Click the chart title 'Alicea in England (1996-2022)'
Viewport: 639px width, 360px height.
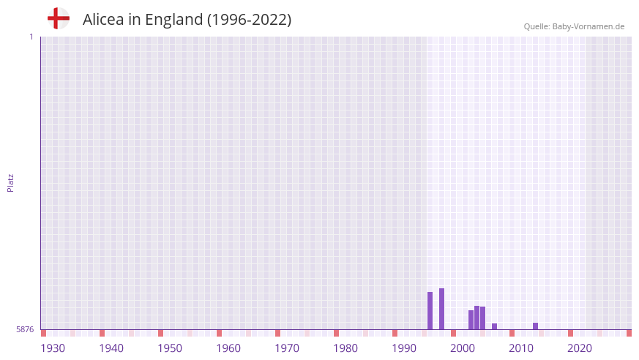pos(187,20)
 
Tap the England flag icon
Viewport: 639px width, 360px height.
pos(58,18)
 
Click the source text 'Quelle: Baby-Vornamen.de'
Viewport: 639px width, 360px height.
pos(574,26)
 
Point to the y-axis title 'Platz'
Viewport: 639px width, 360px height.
pos(10,182)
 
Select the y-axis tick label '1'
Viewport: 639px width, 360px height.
pos(31,37)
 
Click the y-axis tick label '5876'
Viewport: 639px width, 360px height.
pos(25,329)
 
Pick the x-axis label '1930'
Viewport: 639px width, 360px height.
pos(53,348)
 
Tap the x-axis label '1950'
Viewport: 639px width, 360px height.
pos(170,348)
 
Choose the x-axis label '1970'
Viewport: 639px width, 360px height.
pos(287,348)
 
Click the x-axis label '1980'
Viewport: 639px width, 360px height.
pos(345,348)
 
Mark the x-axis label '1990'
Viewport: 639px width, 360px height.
pos(404,348)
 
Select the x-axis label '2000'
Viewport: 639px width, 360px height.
pos(463,348)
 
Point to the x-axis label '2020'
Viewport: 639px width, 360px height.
pos(580,348)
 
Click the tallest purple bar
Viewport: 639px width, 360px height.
pos(441,309)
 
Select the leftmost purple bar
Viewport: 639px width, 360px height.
pos(430,311)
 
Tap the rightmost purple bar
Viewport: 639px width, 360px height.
pos(535,326)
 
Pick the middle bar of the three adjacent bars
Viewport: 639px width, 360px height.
pos(477,318)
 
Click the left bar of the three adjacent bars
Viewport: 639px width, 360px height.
pos(471,320)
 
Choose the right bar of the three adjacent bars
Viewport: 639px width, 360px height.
pos(482,318)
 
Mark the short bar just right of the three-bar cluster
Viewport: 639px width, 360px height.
pos(494,326)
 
